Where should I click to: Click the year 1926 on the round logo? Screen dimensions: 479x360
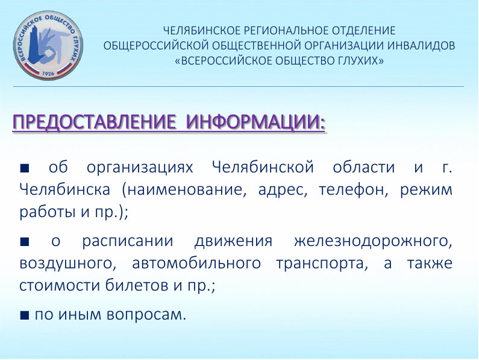(x=48, y=74)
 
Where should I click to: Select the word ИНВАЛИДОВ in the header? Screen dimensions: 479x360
(x=421, y=46)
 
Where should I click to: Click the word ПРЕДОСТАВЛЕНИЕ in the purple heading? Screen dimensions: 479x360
(x=95, y=122)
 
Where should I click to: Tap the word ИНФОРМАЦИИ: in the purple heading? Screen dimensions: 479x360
(x=255, y=122)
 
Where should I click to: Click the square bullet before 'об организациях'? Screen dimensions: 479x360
(x=25, y=168)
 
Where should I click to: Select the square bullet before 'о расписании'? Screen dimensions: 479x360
(x=25, y=242)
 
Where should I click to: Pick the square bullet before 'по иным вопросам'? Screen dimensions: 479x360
(x=25, y=315)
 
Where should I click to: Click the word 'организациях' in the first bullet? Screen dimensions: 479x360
(x=140, y=168)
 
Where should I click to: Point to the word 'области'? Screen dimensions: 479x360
(x=364, y=167)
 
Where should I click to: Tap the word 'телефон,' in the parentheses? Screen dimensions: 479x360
(x=354, y=190)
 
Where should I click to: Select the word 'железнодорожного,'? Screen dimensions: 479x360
(x=374, y=242)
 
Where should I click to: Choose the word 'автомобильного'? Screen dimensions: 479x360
(x=196, y=263)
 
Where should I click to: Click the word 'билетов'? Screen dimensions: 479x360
(x=137, y=285)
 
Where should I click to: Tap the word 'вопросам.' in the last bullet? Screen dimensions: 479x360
(x=146, y=315)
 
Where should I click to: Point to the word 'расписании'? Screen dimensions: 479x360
(x=127, y=242)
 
